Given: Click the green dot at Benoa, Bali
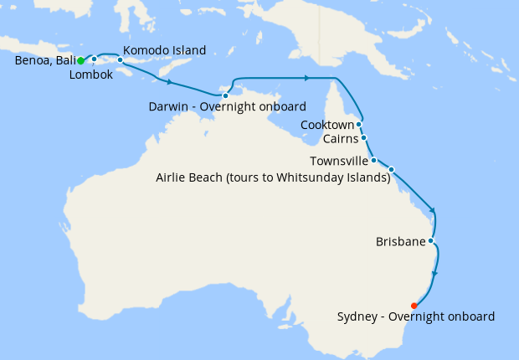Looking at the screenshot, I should tap(80, 61).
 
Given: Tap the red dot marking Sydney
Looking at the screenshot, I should tap(414, 306).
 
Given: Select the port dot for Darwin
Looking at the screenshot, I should tap(225, 95).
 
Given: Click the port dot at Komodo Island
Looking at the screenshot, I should tap(121, 60).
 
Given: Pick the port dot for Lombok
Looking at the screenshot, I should tap(95, 59).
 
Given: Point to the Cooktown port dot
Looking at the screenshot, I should tap(359, 124).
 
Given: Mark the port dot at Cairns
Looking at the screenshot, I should tap(364, 138).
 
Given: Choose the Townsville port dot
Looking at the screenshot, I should tap(374, 160).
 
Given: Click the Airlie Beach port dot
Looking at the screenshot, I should tap(391, 169).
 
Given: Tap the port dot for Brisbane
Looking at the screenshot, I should tap(430, 241).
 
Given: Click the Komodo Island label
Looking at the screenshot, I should tap(164, 50).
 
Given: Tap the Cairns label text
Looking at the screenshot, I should tap(341, 139).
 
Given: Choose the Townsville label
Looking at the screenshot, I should tap(339, 161).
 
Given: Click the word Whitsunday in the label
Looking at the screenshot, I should tap(306, 177).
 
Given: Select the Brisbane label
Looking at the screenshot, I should tap(400, 243).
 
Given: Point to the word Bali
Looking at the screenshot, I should tap(68, 61).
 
